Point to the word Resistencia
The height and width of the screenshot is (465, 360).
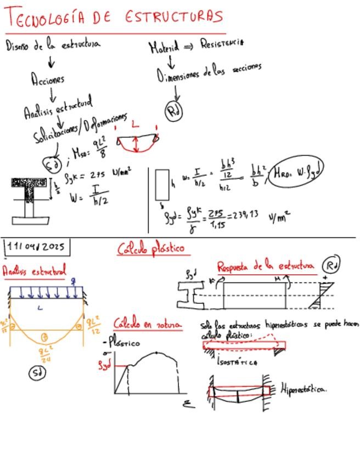222,43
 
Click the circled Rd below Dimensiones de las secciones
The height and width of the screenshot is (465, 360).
174,111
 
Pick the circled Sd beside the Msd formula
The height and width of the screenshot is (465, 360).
53,164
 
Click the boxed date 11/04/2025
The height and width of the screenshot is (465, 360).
37,247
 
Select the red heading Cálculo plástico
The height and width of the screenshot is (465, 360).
151,248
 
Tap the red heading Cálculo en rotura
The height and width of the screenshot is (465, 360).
147,324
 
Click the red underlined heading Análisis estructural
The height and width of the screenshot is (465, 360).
34,270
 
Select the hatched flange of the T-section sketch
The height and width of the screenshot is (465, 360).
30,183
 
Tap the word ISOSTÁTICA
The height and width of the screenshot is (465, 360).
237,362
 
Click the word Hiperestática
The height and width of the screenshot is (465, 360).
303,389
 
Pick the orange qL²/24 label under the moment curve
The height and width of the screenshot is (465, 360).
45,354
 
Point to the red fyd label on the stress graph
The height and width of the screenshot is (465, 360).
104,365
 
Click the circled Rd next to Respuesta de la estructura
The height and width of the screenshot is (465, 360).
331,264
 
